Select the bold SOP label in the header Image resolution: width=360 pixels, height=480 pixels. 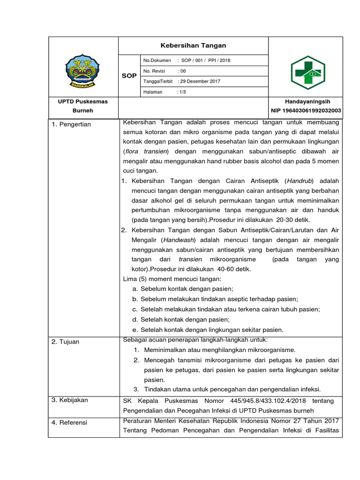click(x=129, y=75)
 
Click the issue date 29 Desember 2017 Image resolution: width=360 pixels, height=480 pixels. click(x=199, y=81)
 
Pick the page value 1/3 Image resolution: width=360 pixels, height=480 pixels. click(x=181, y=92)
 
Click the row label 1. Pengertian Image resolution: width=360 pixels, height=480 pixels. click(x=71, y=124)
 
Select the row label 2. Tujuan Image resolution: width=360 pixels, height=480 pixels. click(x=66, y=342)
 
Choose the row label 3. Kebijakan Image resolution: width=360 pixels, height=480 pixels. click(x=70, y=400)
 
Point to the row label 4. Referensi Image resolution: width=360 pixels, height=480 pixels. click(x=69, y=422)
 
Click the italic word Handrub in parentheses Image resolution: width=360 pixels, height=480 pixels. click(x=300, y=181)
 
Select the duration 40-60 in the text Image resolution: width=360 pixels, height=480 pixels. click(x=216, y=269)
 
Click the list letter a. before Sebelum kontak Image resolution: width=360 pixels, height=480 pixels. click(x=135, y=289)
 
